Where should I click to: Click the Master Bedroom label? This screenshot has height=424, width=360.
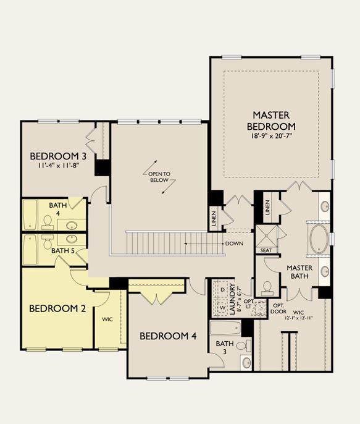pos(271,121)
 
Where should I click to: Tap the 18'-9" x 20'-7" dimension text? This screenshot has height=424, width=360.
pos(271,135)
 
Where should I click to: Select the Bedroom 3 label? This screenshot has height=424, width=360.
pos(58,156)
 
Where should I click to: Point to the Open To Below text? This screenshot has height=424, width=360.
pos(159,177)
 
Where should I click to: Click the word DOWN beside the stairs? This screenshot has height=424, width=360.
pos(234,244)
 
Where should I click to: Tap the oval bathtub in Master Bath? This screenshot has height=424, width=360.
pos(319,239)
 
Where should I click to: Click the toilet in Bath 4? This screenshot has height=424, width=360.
pos(48,222)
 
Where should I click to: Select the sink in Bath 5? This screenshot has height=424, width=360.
pos(71,239)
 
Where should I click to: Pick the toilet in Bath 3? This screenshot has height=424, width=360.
pos(243,346)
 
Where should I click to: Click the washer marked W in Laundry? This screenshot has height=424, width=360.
pos(223,308)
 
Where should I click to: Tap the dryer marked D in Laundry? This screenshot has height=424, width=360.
pos(223,290)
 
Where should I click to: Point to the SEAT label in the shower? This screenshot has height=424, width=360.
pos(266,251)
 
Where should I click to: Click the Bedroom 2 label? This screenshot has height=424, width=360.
pos(57,308)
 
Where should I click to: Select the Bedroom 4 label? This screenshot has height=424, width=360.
pos(168,336)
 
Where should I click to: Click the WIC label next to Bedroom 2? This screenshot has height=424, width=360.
pos(107,320)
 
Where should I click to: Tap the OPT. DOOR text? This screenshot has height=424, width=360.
pos(278,308)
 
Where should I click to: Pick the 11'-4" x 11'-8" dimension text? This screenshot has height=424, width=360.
pos(58,165)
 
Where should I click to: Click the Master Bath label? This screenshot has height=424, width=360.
pos(299,272)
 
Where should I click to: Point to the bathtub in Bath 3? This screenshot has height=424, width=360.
pos(225,328)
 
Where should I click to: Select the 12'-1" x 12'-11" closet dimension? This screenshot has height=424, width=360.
pos(299,318)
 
